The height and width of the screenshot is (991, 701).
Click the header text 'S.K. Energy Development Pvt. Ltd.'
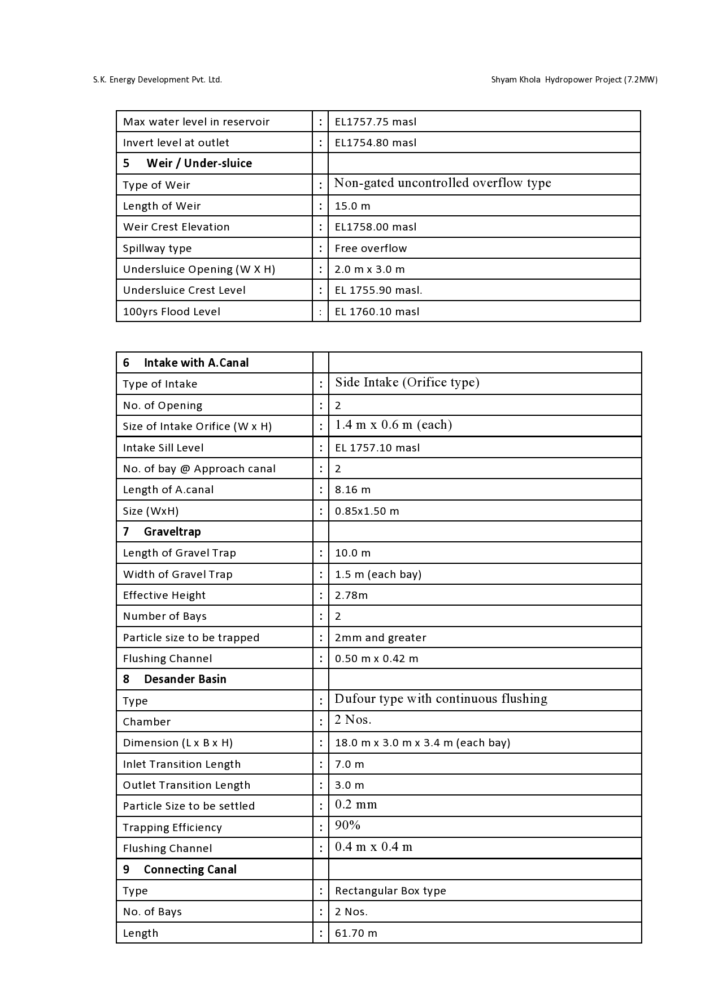pyautogui.click(x=158, y=80)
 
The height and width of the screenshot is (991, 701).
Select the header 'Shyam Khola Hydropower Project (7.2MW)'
pyautogui.click(x=574, y=80)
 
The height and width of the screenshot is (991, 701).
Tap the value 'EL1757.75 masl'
pyautogui.click(x=376, y=122)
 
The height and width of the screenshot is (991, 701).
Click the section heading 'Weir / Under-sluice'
pyautogui.click(x=199, y=163)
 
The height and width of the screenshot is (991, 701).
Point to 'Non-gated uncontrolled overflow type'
pyautogui.click(x=442, y=183)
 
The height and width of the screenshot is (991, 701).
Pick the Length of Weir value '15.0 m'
pyautogui.click(x=352, y=206)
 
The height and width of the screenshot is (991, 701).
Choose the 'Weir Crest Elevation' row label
pyautogui.click(x=176, y=227)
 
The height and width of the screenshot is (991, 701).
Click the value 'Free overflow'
pyautogui.click(x=371, y=249)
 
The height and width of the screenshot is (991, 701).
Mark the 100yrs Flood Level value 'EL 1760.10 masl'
pyautogui.click(x=377, y=312)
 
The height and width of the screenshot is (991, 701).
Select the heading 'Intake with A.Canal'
pyautogui.click(x=196, y=363)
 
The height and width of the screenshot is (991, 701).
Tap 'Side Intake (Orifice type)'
pyautogui.click(x=407, y=383)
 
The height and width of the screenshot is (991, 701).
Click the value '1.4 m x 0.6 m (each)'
pyautogui.click(x=394, y=425)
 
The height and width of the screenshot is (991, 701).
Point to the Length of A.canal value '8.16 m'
pyautogui.click(x=352, y=490)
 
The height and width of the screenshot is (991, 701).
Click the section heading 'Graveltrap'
pyautogui.click(x=172, y=532)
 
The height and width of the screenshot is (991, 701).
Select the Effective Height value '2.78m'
pyautogui.click(x=351, y=596)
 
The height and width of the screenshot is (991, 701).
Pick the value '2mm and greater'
pyautogui.click(x=380, y=638)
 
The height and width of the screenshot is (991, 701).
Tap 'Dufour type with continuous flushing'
pyautogui.click(x=441, y=699)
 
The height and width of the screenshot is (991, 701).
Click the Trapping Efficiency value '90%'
pyautogui.click(x=347, y=825)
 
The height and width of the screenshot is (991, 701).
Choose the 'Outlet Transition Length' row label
pyautogui.click(x=186, y=785)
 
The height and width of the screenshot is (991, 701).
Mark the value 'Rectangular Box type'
pyautogui.click(x=390, y=891)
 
